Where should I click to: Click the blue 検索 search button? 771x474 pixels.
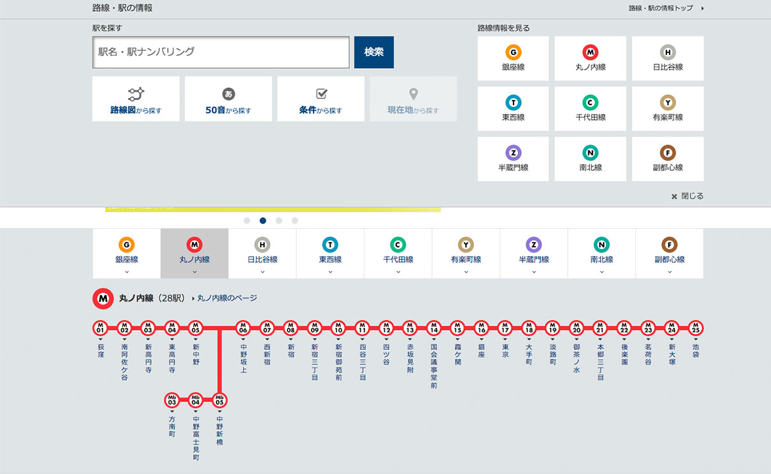coord(373,52)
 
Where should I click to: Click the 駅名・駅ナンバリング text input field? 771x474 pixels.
coord(221,52)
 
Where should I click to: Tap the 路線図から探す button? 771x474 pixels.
coord(136,99)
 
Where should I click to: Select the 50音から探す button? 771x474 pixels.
coord(228,99)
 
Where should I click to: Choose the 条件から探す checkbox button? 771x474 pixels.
coord(321,99)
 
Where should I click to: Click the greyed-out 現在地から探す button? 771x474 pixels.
coord(413,99)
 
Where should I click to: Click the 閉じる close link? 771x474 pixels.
coord(688,196)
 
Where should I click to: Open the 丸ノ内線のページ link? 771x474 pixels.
coord(227,298)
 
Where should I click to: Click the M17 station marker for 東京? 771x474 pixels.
coord(505,328)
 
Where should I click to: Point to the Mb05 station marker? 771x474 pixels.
coord(219,401)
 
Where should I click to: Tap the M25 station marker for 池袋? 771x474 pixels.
coord(695,328)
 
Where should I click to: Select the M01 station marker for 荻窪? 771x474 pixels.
coord(101,328)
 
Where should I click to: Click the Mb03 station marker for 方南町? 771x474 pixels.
coord(172,401)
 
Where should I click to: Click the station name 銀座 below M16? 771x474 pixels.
coord(481,351)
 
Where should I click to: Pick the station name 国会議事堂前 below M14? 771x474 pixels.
coord(434,366)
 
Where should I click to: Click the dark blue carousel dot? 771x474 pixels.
coord(263,220)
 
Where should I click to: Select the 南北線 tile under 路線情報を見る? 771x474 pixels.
coord(590,159)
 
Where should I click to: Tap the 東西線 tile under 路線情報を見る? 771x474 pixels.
coord(513,108)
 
